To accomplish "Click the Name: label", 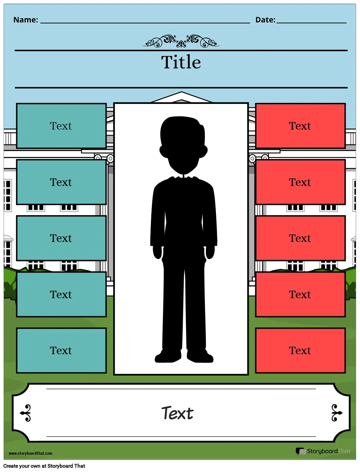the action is pos(26,20).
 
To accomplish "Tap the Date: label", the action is pos(265,20).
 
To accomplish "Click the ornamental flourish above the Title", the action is pos(181,41).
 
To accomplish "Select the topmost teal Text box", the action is pos(61,126).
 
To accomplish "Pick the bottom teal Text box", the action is pos(61,350).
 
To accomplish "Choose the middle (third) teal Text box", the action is pos(61,238).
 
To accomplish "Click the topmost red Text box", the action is pos(300,126).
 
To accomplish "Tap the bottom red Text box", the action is pos(300,350).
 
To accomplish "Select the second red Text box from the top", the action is pos(300,182).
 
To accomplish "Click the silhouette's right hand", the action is pos(157,252).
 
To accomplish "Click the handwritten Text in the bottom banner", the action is pos(177,413).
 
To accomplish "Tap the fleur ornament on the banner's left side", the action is pos(26,413).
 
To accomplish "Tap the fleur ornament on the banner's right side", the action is pos(337,413).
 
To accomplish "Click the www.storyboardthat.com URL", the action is pos(30,453).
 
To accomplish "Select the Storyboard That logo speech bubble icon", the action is pos(301,451).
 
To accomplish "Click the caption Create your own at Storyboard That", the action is pos(44,466).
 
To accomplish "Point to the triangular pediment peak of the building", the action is pos(181,92).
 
